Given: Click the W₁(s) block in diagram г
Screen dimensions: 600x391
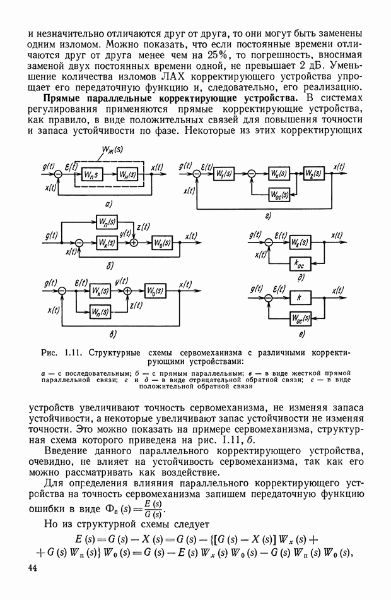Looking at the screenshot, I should coord(224,174).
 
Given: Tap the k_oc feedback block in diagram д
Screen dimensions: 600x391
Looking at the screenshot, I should coord(300,263).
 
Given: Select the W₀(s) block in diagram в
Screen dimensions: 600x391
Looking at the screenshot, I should coord(153,292).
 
